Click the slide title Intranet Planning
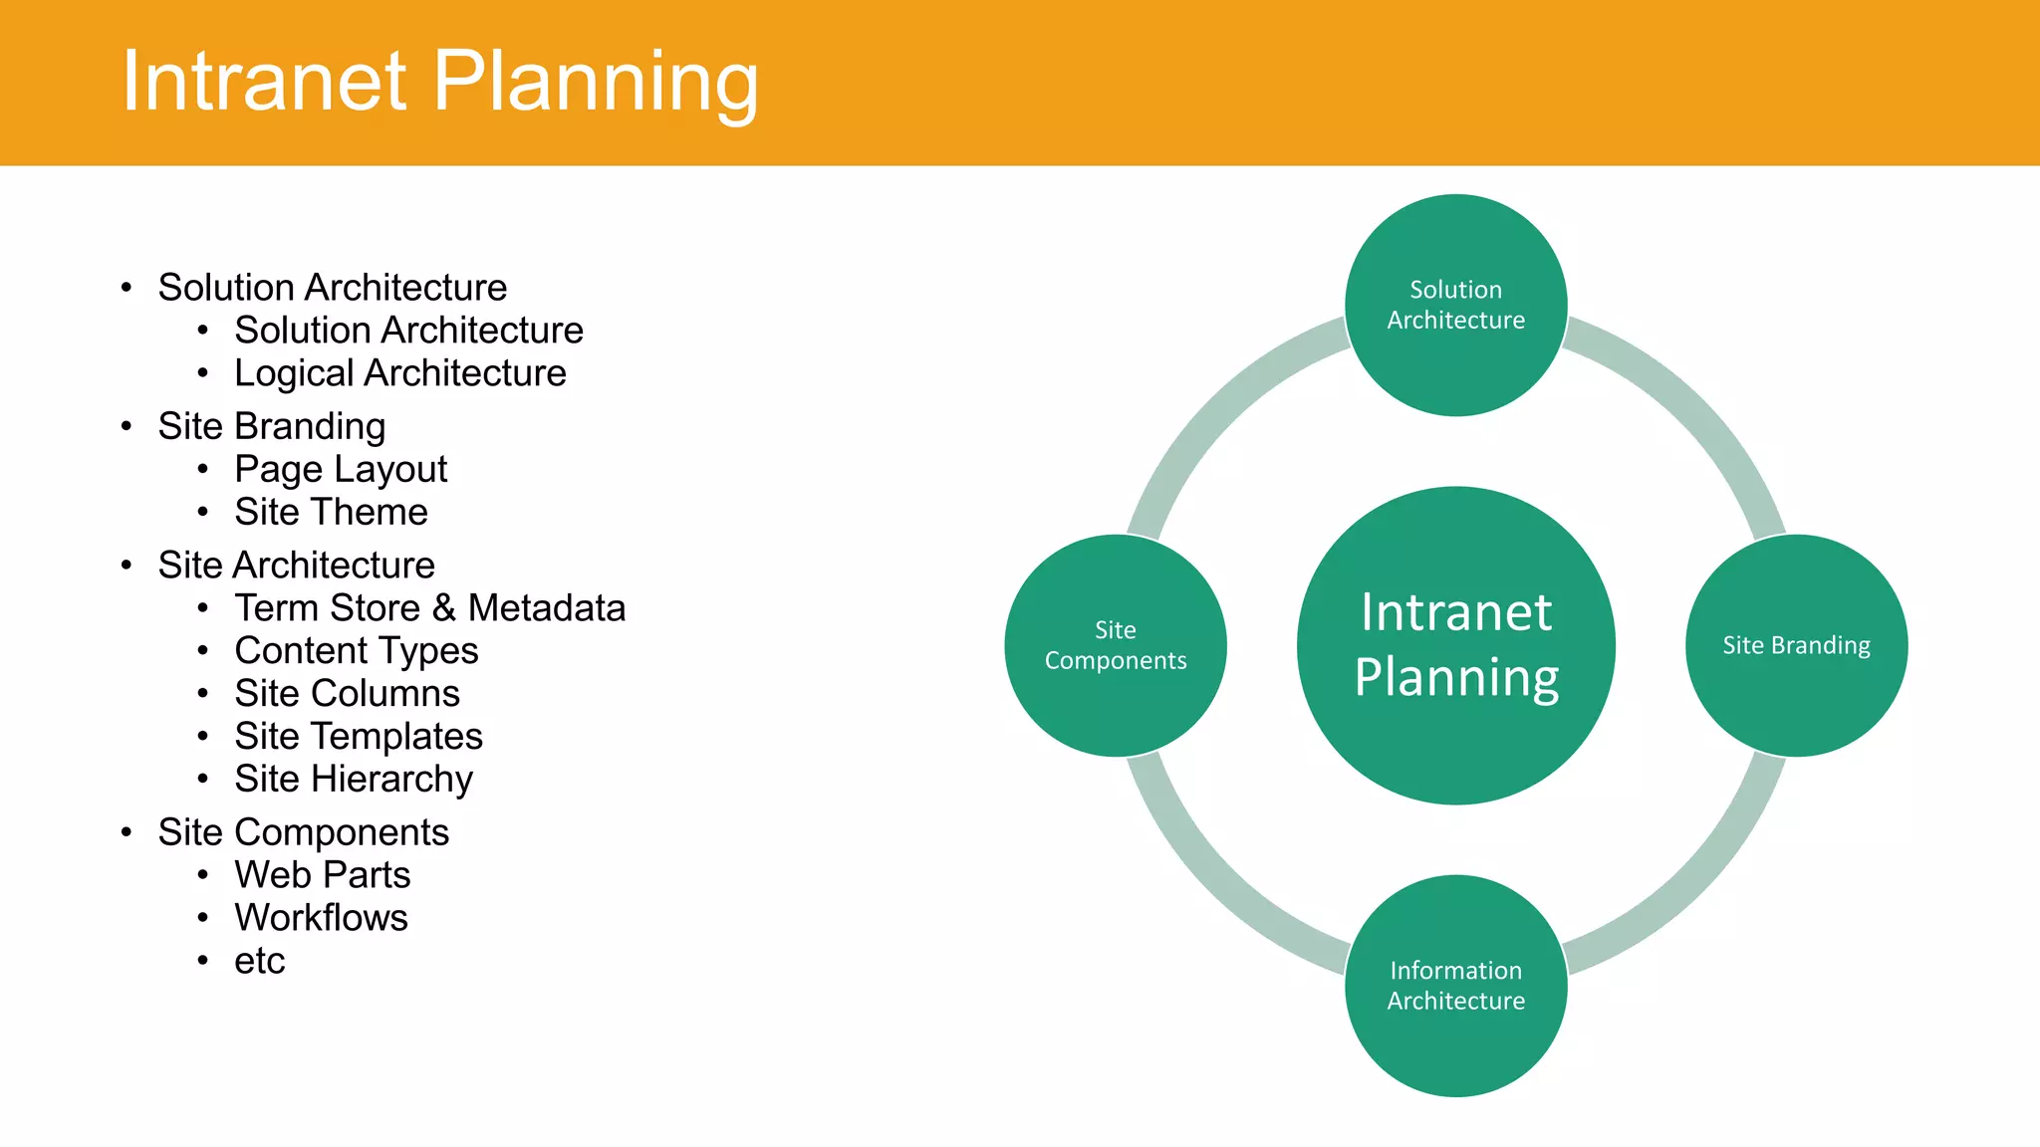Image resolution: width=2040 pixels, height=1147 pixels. (x=439, y=82)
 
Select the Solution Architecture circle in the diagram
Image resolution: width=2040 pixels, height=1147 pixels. (x=1455, y=305)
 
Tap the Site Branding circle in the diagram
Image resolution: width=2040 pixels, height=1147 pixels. (x=1796, y=645)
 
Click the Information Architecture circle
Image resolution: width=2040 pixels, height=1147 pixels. (x=1455, y=986)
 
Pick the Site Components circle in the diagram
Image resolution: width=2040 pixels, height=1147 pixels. (x=1115, y=645)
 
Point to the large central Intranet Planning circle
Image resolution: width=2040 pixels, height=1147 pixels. (x=1455, y=645)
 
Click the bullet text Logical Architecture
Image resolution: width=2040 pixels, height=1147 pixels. (x=399, y=373)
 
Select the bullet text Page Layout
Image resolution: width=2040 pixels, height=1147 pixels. (x=341, y=469)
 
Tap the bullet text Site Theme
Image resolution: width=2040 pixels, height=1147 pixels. (x=331, y=512)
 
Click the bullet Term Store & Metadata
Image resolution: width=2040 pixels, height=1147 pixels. (x=429, y=607)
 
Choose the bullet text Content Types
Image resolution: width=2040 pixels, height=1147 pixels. (x=356, y=650)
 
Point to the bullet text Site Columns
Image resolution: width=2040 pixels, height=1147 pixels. (x=347, y=693)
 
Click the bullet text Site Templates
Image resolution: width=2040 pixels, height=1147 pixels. (x=358, y=736)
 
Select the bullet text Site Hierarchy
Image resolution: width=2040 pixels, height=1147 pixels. (x=353, y=779)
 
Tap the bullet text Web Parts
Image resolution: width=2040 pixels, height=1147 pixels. (x=322, y=874)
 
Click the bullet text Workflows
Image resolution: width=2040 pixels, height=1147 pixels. (x=321, y=917)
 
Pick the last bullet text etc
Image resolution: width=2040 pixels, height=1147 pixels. (x=259, y=961)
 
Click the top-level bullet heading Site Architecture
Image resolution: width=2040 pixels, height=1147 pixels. (x=296, y=565)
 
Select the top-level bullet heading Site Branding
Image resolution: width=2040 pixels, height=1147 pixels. (x=271, y=426)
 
